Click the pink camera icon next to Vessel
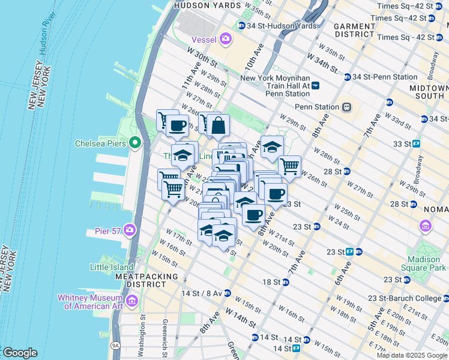226,40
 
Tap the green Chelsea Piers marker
135,143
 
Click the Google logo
20,353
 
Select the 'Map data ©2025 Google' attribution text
412,355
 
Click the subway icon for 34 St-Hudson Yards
241,26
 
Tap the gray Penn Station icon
346,107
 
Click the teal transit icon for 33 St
415,144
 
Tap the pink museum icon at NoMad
426,226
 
